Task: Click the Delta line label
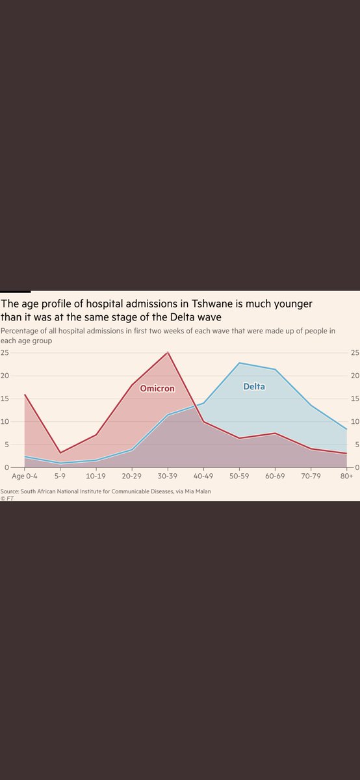[254, 386]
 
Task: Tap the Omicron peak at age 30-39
[168, 352]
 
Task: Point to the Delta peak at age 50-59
[239, 363]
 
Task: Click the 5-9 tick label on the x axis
[60, 476]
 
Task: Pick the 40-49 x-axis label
[203, 476]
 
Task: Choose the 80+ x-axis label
[346, 476]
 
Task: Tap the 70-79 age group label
[311, 476]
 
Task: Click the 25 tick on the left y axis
[5, 353]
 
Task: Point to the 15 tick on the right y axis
[355, 398]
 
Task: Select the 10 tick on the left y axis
[5, 422]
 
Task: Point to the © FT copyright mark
[7, 499]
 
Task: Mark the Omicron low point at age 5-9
[60, 453]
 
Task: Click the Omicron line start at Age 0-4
[25, 395]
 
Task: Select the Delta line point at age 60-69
[275, 369]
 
